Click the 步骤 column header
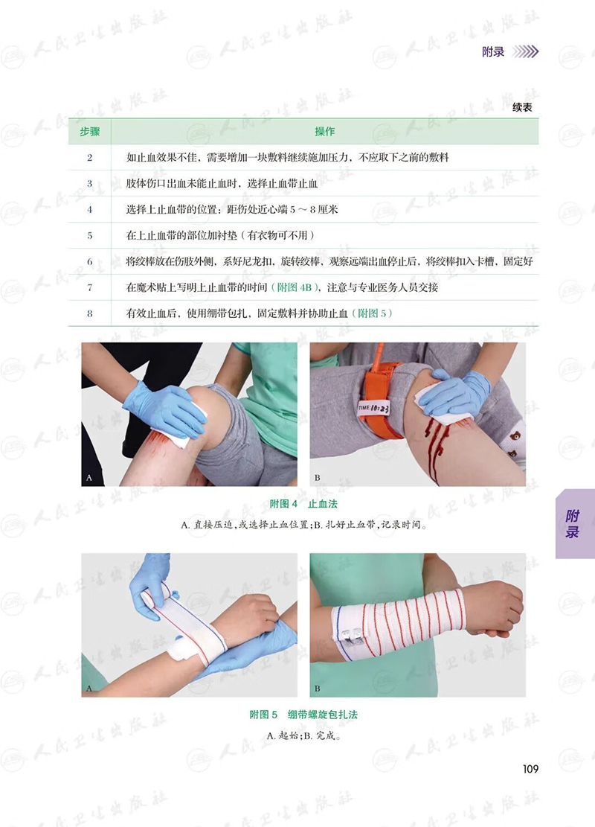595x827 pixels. (89, 131)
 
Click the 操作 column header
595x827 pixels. (324, 131)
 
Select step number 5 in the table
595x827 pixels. (89, 236)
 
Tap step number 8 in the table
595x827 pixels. (89, 314)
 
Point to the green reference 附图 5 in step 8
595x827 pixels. (372, 313)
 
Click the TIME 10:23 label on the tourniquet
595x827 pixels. (374, 408)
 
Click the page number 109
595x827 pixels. (531, 769)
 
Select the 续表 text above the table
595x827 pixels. (522, 108)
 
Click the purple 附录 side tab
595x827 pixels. (574, 524)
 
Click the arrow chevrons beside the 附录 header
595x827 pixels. (525, 51)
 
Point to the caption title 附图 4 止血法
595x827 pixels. (303, 504)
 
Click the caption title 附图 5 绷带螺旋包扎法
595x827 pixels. (303, 715)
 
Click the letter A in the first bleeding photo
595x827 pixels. (89, 478)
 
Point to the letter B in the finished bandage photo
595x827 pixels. (318, 689)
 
